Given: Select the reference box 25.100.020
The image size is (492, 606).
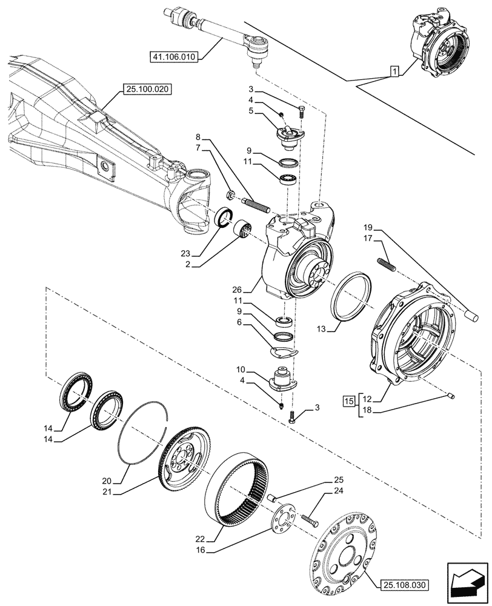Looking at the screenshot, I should click(x=147, y=90).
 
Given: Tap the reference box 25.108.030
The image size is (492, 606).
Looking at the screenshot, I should click(x=405, y=585).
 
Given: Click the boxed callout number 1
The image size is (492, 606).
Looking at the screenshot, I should click(x=394, y=72).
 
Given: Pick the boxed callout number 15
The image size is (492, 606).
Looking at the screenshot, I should click(x=348, y=402).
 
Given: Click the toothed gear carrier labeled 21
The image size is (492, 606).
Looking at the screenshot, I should click(x=185, y=459).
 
